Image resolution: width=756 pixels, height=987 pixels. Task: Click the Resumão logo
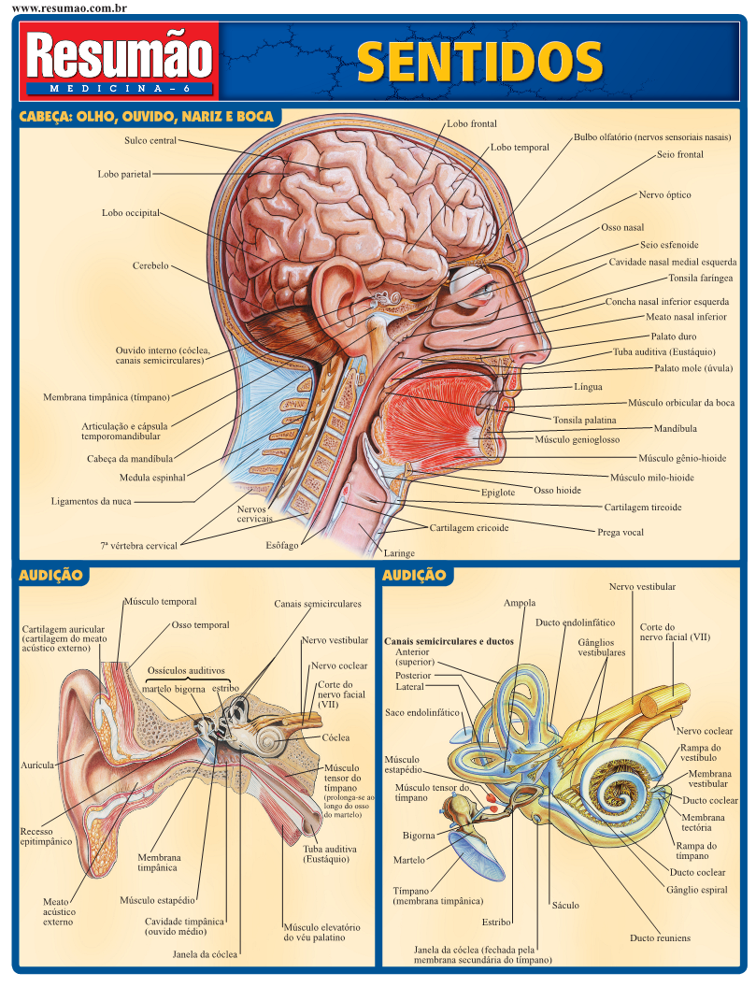point(121,59)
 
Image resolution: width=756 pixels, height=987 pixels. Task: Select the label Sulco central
point(150,141)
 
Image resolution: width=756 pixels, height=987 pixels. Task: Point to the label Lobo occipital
point(131,213)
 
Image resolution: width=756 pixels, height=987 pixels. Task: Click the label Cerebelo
point(150,265)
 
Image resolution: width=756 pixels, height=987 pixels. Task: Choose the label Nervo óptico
point(664,195)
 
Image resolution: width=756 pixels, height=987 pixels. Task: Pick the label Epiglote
point(497,493)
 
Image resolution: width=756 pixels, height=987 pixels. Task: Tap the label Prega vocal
point(620,532)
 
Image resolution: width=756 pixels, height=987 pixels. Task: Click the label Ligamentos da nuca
point(91,501)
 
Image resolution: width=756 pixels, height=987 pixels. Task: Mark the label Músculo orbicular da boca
point(680,402)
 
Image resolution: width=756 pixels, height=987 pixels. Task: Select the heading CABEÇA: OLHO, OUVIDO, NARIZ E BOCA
point(147,117)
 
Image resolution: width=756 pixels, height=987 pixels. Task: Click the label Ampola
point(520,603)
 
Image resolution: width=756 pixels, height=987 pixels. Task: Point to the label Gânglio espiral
point(696,890)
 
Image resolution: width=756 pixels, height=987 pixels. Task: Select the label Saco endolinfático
point(422,712)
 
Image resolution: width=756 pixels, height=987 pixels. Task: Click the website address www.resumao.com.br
point(69,7)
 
